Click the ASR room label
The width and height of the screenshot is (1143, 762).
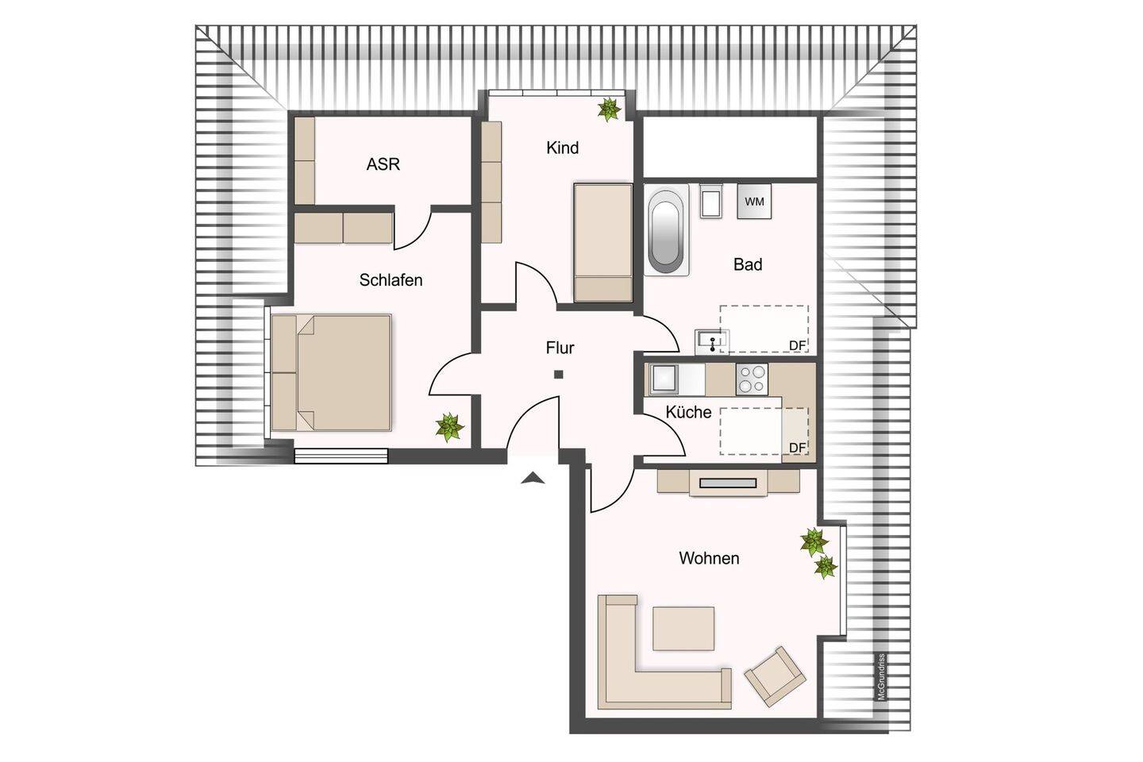point(383,164)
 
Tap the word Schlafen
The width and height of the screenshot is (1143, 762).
point(391,280)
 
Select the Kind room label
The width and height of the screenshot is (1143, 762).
point(562,148)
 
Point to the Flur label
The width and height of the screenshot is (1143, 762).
point(560,348)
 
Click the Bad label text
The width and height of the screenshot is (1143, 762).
point(748,264)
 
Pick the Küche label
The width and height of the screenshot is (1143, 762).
point(688,412)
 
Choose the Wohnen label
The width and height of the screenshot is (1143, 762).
point(709,558)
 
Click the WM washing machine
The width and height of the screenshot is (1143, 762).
point(754,201)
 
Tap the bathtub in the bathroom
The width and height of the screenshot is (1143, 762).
point(666,231)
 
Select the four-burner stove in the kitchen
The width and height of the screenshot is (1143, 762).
point(752,379)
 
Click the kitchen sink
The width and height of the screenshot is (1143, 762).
point(664,379)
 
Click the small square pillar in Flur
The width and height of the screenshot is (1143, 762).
point(559,375)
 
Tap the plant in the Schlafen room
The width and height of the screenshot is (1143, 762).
point(449,427)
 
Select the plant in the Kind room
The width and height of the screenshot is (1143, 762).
point(610,110)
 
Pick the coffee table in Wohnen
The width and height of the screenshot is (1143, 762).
point(683,629)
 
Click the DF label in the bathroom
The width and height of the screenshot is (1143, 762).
point(797,345)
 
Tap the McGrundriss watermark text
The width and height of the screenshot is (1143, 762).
point(881,676)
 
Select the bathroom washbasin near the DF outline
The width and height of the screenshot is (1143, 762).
point(712,341)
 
